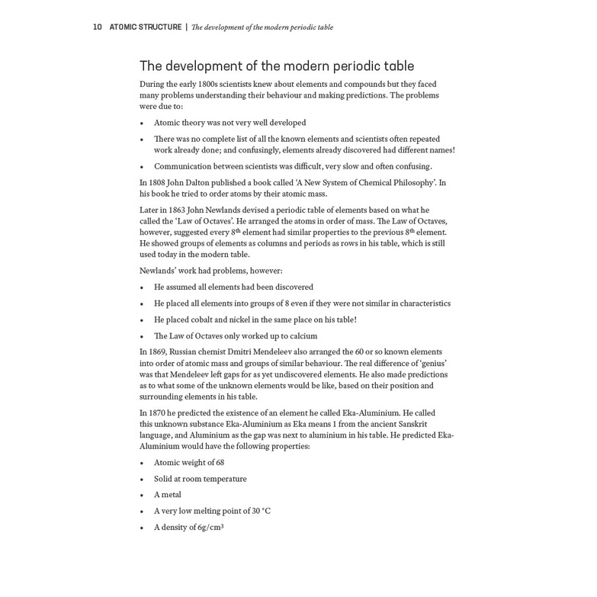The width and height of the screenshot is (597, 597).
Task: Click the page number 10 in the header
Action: click(x=97, y=27)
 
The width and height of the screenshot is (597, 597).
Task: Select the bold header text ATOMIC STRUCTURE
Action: click(x=145, y=27)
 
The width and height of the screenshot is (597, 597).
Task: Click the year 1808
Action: click(x=157, y=183)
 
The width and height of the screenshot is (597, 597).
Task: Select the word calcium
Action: click(x=303, y=336)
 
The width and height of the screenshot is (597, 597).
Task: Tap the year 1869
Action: click(x=157, y=352)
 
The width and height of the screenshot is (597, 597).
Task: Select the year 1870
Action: click(x=157, y=413)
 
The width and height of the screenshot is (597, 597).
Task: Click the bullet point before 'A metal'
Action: click(x=142, y=496)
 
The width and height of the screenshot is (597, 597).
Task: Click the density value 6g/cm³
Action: click(x=208, y=528)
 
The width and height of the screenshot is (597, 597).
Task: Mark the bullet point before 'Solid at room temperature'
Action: click(x=142, y=480)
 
